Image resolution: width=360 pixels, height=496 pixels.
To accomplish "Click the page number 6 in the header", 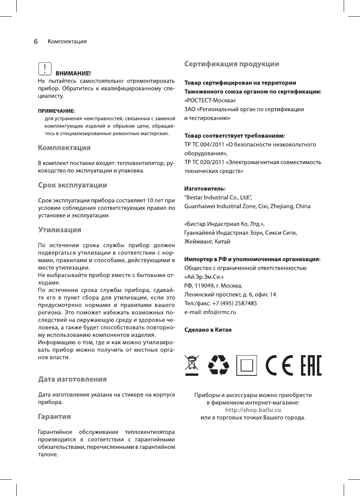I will click(35, 41).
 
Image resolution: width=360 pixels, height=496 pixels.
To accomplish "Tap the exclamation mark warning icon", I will click(45, 69).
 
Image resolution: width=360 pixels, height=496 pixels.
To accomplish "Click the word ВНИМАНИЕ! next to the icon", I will click(73, 73).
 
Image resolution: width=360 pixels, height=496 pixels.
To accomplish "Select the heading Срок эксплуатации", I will click(73, 185).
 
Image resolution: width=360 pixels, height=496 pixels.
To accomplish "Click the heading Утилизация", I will click(60, 230).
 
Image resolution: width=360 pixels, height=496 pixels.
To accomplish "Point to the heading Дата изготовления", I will click(72, 379).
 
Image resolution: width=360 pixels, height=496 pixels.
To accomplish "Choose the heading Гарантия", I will click(54, 417).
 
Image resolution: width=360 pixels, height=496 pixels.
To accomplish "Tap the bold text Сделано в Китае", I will click(208, 330).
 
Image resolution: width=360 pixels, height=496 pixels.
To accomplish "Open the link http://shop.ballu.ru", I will click(253, 410).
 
